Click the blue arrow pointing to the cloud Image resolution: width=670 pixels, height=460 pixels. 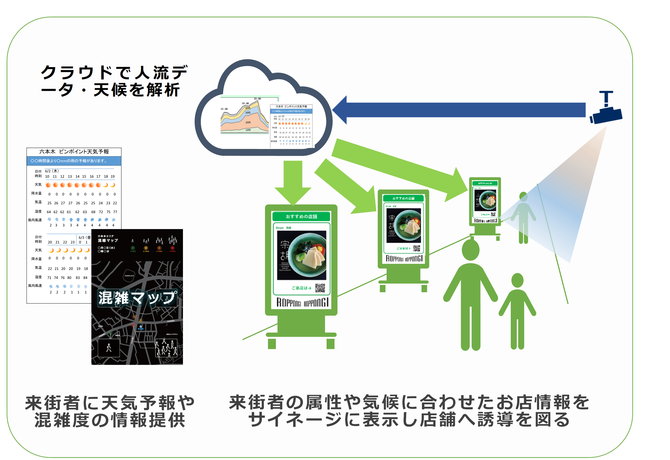[x=461, y=110]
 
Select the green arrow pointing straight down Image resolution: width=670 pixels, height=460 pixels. [x=293, y=182]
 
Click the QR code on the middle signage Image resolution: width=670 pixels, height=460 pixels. [x=416, y=248]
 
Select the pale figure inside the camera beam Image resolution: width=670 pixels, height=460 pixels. [x=523, y=216]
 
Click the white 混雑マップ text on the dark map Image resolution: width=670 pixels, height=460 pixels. [x=137, y=298]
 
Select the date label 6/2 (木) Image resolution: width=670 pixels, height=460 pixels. [x=52, y=171]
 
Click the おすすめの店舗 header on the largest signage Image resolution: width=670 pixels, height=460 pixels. [x=301, y=216]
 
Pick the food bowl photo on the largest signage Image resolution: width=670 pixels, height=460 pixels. [x=302, y=255]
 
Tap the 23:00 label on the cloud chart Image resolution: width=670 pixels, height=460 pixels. [x=257, y=99]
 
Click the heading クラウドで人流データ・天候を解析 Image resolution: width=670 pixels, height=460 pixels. [x=114, y=81]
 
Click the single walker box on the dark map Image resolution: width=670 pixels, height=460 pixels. [x=109, y=348]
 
